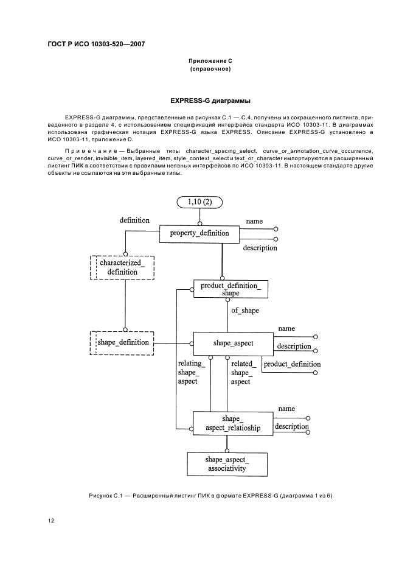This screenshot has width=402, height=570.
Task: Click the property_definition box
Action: point(199,233)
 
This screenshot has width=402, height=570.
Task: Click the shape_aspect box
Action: point(233,343)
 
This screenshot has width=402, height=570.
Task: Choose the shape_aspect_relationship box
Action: point(232,423)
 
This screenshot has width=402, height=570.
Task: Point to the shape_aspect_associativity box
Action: point(227,464)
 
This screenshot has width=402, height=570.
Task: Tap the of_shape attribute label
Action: point(245,311)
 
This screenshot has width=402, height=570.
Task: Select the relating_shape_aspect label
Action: point(188,372)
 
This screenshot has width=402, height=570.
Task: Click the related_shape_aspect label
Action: point(241,372)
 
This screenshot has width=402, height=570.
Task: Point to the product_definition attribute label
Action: point(292,364)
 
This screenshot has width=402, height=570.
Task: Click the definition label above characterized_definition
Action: point(134,220)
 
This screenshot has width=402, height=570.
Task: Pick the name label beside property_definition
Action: point(254,220)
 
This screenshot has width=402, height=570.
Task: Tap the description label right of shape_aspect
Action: point(294,347)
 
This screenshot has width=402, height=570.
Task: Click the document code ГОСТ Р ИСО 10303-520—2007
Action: point(96,44)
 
